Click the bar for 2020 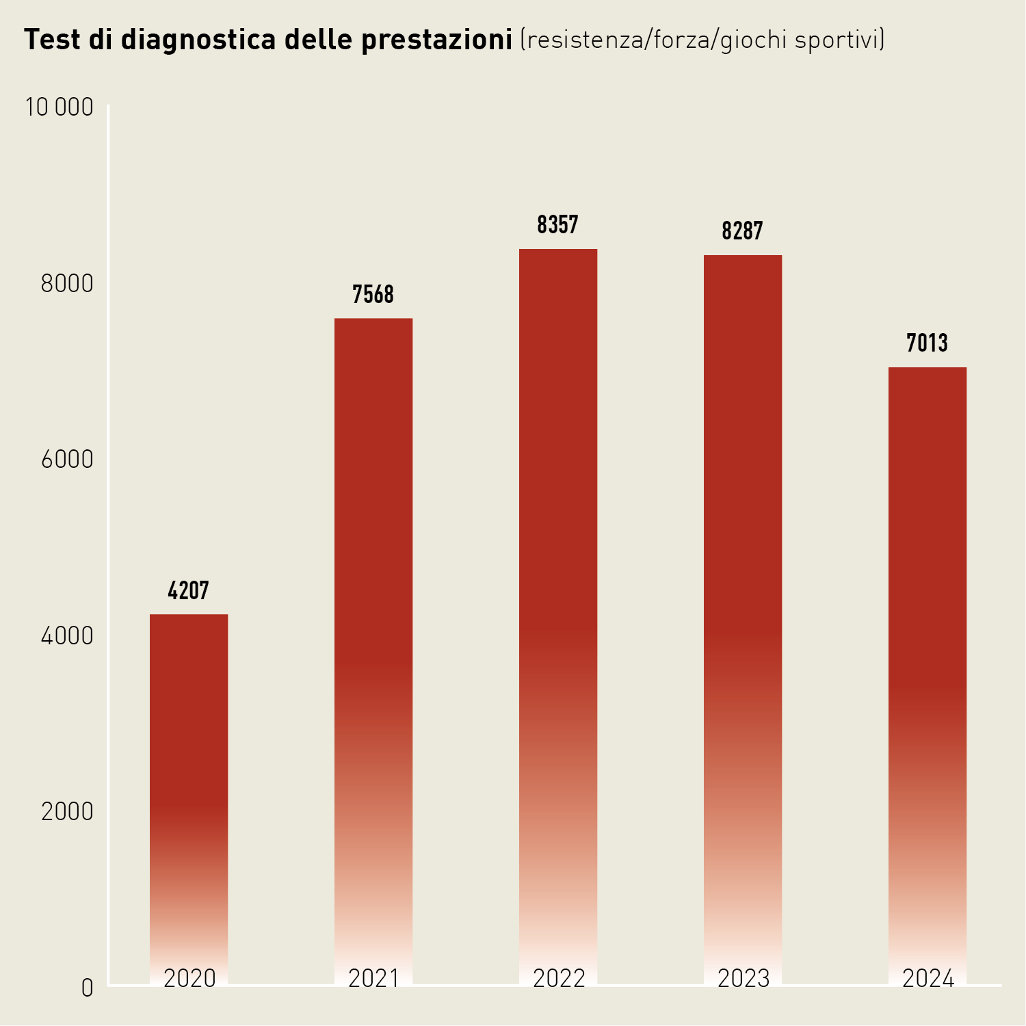[189, 787]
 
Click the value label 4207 [189, 590]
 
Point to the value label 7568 [373, 295]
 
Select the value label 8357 [558, 225]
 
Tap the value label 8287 [743, 231]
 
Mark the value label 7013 [928, 343]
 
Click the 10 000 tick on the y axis [60, 107]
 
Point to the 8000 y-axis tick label [67, 283]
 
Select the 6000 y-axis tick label [67, 460]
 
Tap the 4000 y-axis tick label [67, 635]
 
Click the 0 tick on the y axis [87, 988]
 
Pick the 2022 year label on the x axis [559, 979]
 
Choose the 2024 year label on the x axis [928, 979]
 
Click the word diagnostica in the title [199, 40]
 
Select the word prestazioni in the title [436, 40]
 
